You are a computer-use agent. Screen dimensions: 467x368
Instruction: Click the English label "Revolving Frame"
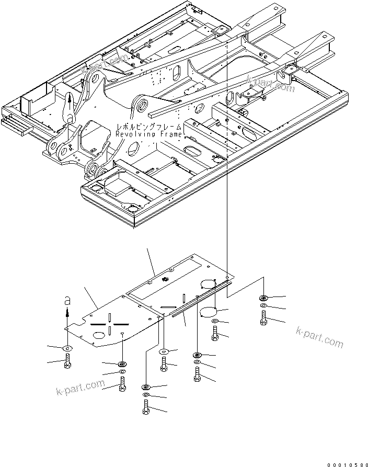coord(149,134)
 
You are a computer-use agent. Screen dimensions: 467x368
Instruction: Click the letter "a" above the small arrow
coord(66,301)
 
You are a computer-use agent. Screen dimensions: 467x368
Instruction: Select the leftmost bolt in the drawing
coord(67,360)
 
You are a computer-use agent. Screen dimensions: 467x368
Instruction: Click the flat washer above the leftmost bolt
coord(67,348)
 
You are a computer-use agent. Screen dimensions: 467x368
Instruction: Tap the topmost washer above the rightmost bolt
coord(262,298)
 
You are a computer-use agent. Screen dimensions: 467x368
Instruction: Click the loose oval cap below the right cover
coord(209,312)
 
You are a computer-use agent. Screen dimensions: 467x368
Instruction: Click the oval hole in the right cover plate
coord(209,283)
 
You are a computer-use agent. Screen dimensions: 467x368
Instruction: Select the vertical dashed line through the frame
coord(228,157)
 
